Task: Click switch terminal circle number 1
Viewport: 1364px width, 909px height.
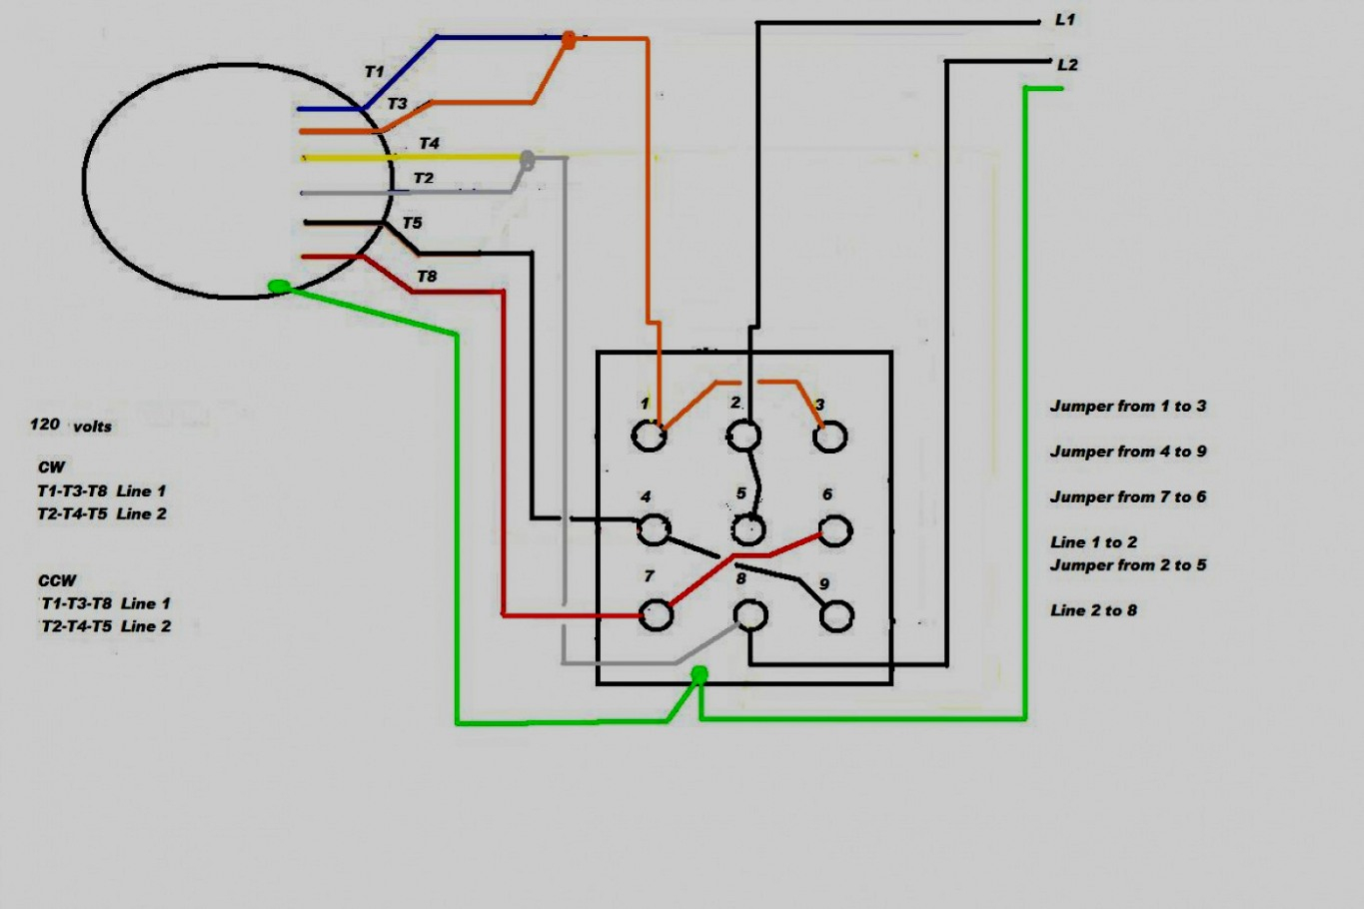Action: [x=649, y=437]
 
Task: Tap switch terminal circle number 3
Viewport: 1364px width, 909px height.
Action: [x=830, y=437]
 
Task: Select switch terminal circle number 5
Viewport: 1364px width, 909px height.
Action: [x=747, y=529]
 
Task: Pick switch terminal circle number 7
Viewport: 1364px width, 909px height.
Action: [x=656, y=615]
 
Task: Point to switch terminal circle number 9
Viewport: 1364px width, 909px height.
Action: [x=836, y=616]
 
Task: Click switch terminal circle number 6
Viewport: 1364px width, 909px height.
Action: [x=835, y=530]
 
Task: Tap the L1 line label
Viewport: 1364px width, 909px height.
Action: [x=1065, y=20]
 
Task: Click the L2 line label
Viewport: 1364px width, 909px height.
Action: [x=1067, y=65]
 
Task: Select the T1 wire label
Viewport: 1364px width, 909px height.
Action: [x=374, y=72]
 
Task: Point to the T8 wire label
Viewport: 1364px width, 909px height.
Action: [x=427, y=277]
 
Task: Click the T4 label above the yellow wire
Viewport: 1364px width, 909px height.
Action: [x=429, y=144]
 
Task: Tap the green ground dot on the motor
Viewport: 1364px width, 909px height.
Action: [x=280, y=287]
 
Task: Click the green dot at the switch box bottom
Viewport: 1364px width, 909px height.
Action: [x=699, y=674]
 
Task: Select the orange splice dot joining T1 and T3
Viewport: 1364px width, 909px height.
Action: [x=568, y=40]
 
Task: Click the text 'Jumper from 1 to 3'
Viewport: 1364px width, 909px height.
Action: [x=1127, y=407]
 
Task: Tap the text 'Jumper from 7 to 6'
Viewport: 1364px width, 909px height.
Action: [x=1127, y=497]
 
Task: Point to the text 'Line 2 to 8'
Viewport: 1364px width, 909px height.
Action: [x=1093, y=610]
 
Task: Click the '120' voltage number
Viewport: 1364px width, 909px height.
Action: [x=45, y=425]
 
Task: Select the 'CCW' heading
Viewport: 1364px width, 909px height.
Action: [x=57, y=580]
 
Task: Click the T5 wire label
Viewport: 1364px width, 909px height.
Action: [x=412, y=223]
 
